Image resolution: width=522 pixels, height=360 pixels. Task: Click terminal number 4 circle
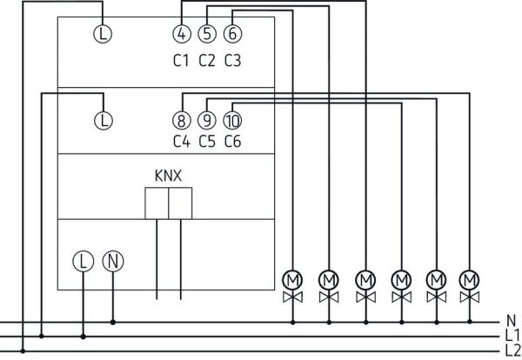tap(181, 35)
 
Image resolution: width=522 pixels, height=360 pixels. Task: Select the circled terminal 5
tap(206, 35)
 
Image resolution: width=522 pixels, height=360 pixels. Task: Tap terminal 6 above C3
tap(232, 35)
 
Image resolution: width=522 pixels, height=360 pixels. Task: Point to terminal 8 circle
tap(181, 120)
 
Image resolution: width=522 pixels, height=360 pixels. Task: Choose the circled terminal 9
tap(206, 120)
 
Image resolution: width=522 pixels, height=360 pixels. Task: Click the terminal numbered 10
tap(232, 120)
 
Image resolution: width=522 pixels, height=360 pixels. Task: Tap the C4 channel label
tap(181, 142)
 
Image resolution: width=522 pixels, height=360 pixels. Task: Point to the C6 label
tap(232, 142)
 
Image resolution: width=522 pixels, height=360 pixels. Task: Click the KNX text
tap(168, 175)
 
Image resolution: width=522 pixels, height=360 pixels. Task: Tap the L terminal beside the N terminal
tap(83, 260)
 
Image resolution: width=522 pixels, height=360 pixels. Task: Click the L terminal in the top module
tap(103, 35)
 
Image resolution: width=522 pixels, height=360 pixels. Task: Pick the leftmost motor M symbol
tap(292, 279)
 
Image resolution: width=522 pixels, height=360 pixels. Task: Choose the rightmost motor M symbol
tap(471, 279)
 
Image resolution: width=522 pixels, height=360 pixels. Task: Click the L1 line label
tap(512, 335)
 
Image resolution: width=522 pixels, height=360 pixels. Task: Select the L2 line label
tap(512, 350)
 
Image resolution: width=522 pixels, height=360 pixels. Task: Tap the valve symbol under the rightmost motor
tap(471, 298)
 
